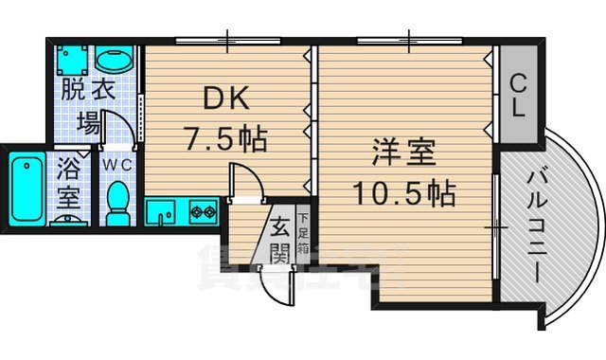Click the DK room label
coord(223,98)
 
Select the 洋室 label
coord(403,153)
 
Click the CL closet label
coord(518,95)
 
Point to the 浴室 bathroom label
coord(68,186)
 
